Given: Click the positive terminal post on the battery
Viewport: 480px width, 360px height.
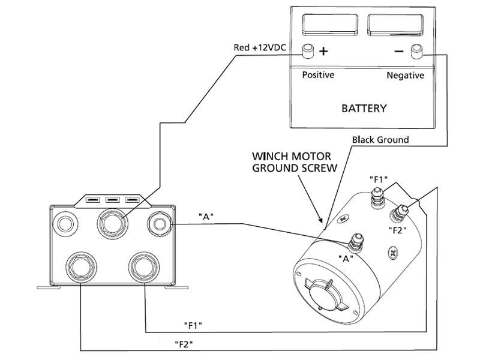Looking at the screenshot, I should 308,51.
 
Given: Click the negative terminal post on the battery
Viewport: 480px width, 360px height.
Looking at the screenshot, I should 416,51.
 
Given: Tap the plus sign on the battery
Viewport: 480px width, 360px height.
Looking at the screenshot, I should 324,51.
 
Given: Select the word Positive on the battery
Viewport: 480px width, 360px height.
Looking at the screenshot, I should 317,75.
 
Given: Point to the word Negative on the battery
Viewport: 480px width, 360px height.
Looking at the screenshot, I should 404,75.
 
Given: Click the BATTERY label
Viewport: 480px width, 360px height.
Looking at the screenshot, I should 364,109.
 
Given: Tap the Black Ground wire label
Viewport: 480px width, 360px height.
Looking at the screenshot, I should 380,140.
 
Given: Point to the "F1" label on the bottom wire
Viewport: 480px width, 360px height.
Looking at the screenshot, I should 193,325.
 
